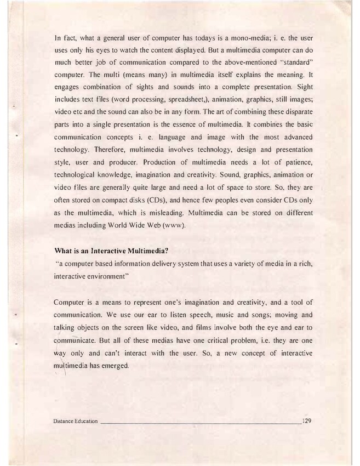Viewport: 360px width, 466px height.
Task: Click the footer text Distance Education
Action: coord(76,421)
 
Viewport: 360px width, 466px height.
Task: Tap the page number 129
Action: coord(306,420)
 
